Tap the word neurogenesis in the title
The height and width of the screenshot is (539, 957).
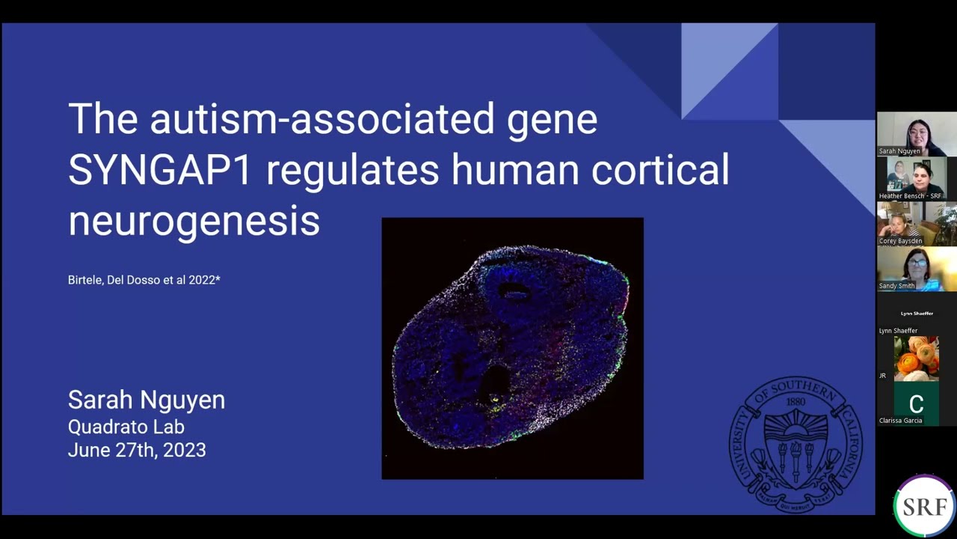coord(194,221)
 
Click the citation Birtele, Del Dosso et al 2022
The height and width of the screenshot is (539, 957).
coord(144,280)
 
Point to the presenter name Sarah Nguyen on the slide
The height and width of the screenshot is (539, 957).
coord(146,400)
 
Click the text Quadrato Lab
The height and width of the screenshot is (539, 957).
coord(126,427)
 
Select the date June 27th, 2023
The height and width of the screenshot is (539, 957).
coord(136,450)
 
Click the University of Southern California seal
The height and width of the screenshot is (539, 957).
coord(796,445)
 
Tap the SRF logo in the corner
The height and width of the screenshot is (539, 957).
coord(924,506)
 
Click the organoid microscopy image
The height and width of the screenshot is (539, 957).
coord(512,348)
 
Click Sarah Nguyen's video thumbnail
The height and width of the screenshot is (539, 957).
coord(916,134)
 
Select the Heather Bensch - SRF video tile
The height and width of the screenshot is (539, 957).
coord(916,178)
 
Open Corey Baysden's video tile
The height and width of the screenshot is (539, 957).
coord(916,223)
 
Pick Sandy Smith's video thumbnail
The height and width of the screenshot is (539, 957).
coord(916,268)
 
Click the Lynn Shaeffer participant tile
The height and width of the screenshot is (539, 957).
coord(916,314)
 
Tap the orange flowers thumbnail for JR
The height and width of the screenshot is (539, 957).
coord(916,358)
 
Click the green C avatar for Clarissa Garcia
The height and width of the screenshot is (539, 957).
coord(916,403)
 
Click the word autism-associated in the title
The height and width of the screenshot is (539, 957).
coord(321,119)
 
